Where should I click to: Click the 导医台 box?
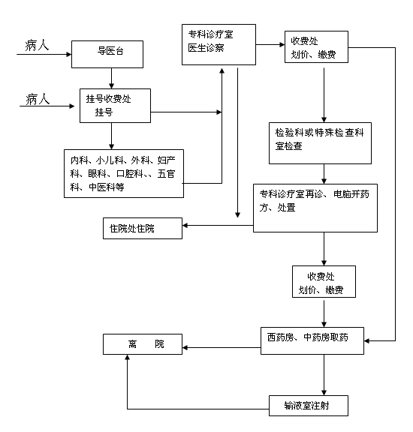(x=107, y=54)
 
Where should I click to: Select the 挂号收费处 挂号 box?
(x=115, y=106)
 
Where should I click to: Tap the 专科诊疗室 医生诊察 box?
(x=219, y=45)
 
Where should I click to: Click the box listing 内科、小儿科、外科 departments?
(x=124, y=173)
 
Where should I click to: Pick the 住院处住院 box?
(x=143, y=229)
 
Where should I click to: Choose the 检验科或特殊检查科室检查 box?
(x=320, y=143)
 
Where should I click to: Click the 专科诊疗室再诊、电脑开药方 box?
(x=315, y=208)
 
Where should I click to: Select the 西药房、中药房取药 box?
(x=312, y=340)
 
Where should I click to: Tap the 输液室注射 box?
(x=309, y=406)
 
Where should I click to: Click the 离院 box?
(x=143, y=344)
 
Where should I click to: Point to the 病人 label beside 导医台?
(x=37, y=46)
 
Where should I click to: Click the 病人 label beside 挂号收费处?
(x=38, y=99)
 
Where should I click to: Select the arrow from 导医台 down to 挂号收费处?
(x=111, y=78)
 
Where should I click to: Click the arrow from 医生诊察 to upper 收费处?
(x=270, y=45)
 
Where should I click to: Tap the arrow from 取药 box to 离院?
(x=222, y=348)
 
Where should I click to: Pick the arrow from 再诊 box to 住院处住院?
(x=218, y=225)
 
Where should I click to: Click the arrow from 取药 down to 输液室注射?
(x=324, y=375)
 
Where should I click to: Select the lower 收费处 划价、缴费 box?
(x=324, y=281)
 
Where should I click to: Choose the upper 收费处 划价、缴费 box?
(x=316, y=46)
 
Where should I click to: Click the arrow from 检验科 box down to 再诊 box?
(x=324, y=174)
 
